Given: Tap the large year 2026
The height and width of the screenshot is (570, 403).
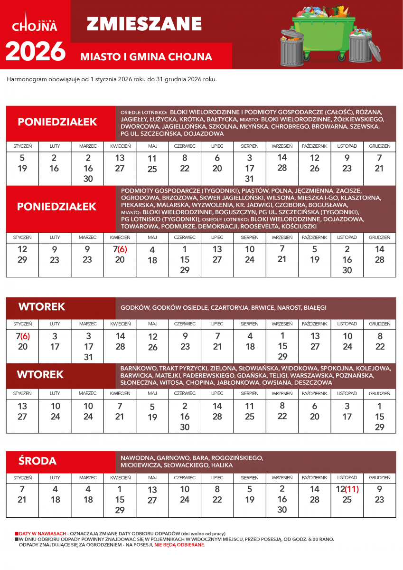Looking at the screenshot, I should (35, 52).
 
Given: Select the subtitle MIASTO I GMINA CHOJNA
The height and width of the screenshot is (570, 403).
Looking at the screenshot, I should (146, 57).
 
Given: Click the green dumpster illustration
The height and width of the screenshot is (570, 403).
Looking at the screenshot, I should (323, 28).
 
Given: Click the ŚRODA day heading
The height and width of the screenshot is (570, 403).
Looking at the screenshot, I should (37, 461).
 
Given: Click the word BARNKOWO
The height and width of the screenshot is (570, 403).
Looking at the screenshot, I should (138, 368).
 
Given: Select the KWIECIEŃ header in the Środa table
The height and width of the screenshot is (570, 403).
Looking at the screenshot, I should (120, 477).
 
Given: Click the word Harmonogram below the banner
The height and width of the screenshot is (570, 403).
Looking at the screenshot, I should (27, 79).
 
